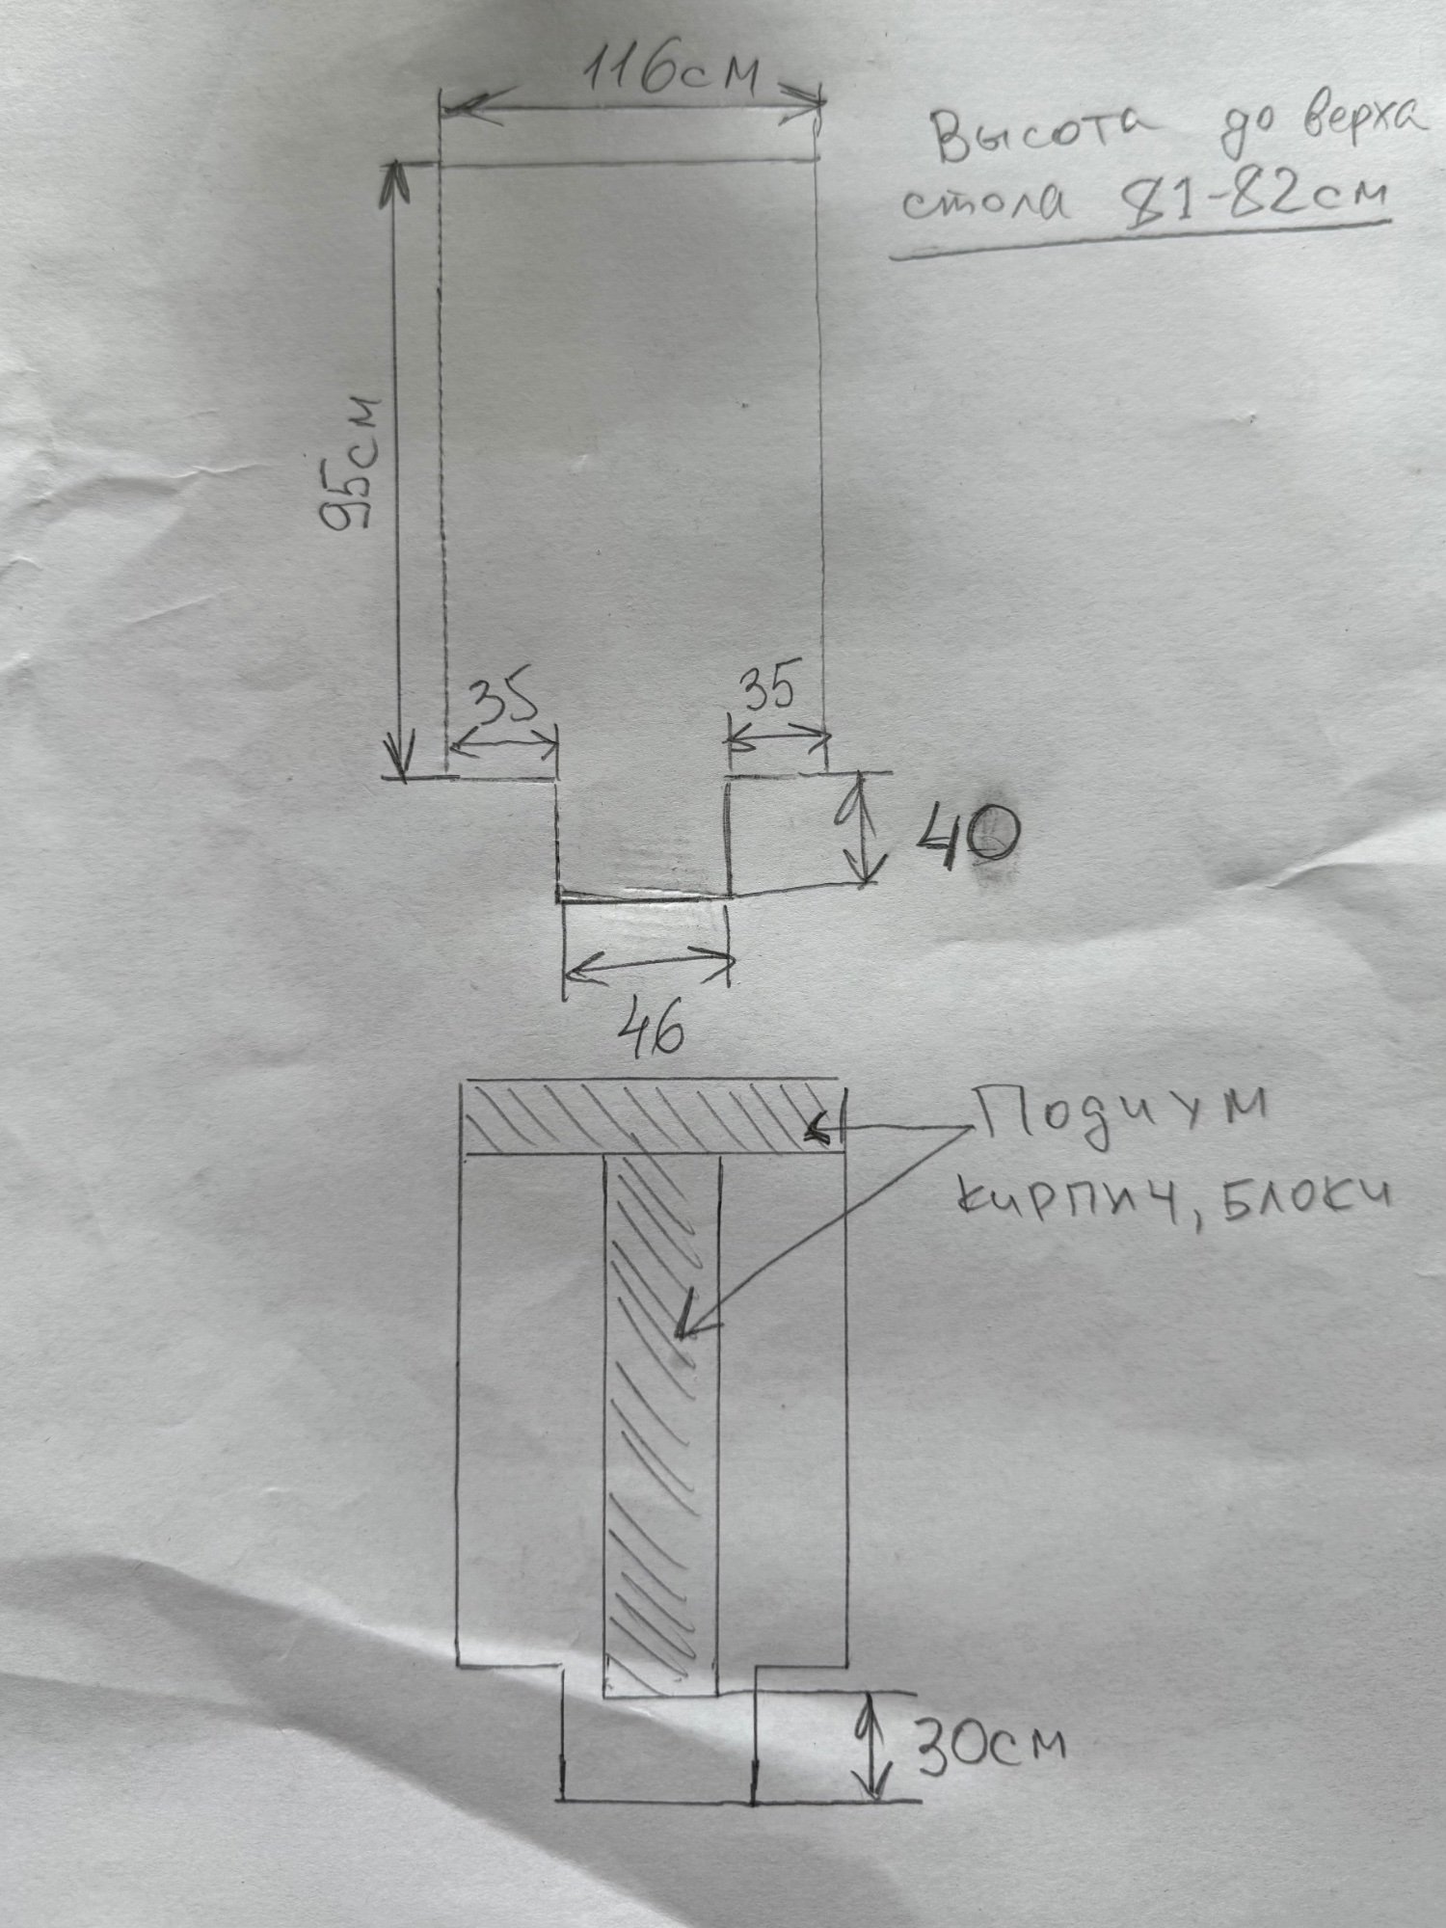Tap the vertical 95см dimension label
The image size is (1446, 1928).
pos(353,462)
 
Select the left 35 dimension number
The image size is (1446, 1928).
pos(501,702)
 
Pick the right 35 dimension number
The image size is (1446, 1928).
pos(767,690)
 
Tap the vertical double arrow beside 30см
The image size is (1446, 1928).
pos(873,1744)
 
